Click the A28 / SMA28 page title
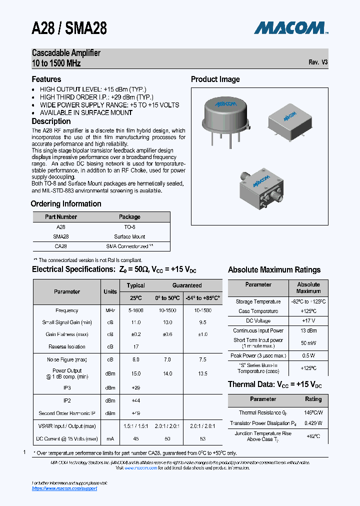[69, 28]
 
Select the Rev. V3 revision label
[318, 63]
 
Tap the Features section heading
[46, 79]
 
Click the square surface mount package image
[290, 120]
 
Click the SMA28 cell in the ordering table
[60, 236]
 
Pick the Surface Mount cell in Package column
[129, 236]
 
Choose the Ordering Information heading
[66, 203]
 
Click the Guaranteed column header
[187, 285]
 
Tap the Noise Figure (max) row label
[67, 359]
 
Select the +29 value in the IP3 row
[135, 387]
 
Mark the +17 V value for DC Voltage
[308, 320]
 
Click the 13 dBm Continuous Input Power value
[308, 330]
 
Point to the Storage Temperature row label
[258, 301]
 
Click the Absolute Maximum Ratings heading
[274, 269]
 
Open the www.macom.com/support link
[64, 488]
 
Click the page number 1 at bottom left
[24, 452]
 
